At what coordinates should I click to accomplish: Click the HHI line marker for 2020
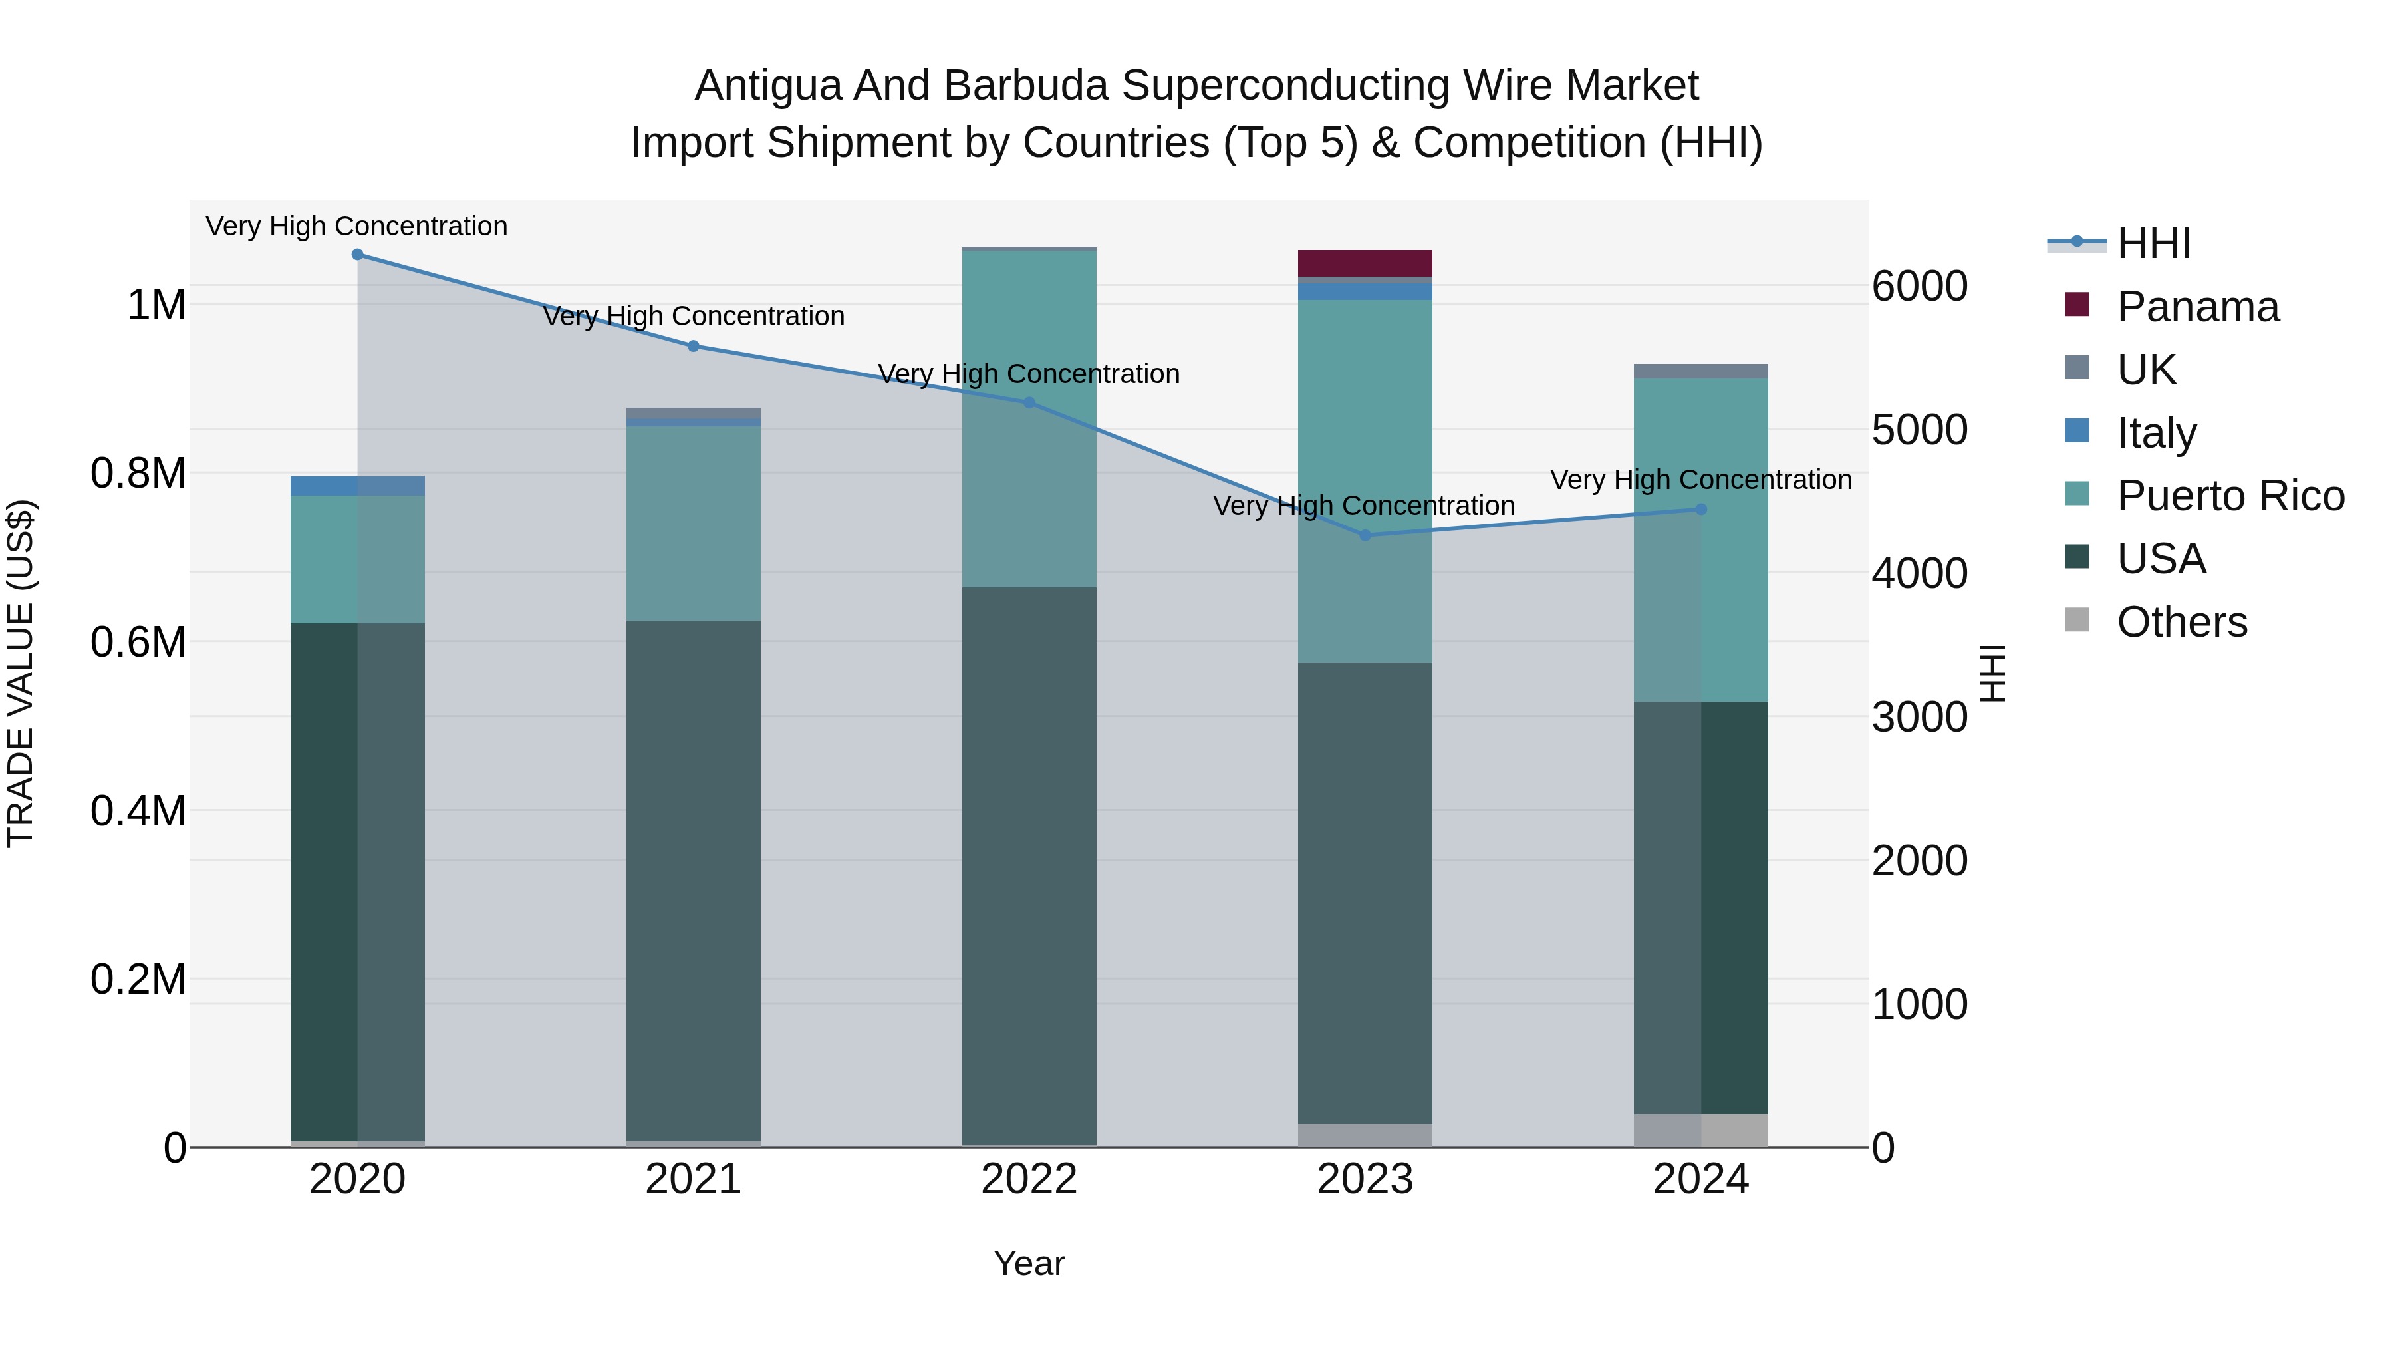(x=358, y=255)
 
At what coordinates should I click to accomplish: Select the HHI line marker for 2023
(x=1365, y=535)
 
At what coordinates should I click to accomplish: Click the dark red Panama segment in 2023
(x=1365, y=263)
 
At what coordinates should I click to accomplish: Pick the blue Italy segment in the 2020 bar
(x=358, y=486)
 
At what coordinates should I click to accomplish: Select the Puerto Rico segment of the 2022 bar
(x=1029, y=418)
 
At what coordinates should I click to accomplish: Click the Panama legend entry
(x=2198, y=307)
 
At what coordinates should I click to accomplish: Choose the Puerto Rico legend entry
(x=2230, y=496)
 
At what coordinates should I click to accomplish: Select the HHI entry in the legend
(x=2153, y=243)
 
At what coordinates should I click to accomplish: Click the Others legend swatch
(x=2077, y=620)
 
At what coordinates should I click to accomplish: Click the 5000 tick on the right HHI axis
(x=1919, y=430)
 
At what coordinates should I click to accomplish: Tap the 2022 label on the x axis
(x=1029, y=1179)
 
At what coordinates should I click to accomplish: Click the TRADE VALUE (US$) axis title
(x=21, y=673)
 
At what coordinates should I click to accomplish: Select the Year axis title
(x=1029, y=1263)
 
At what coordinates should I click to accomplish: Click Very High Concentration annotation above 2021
(x=694, y=316)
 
